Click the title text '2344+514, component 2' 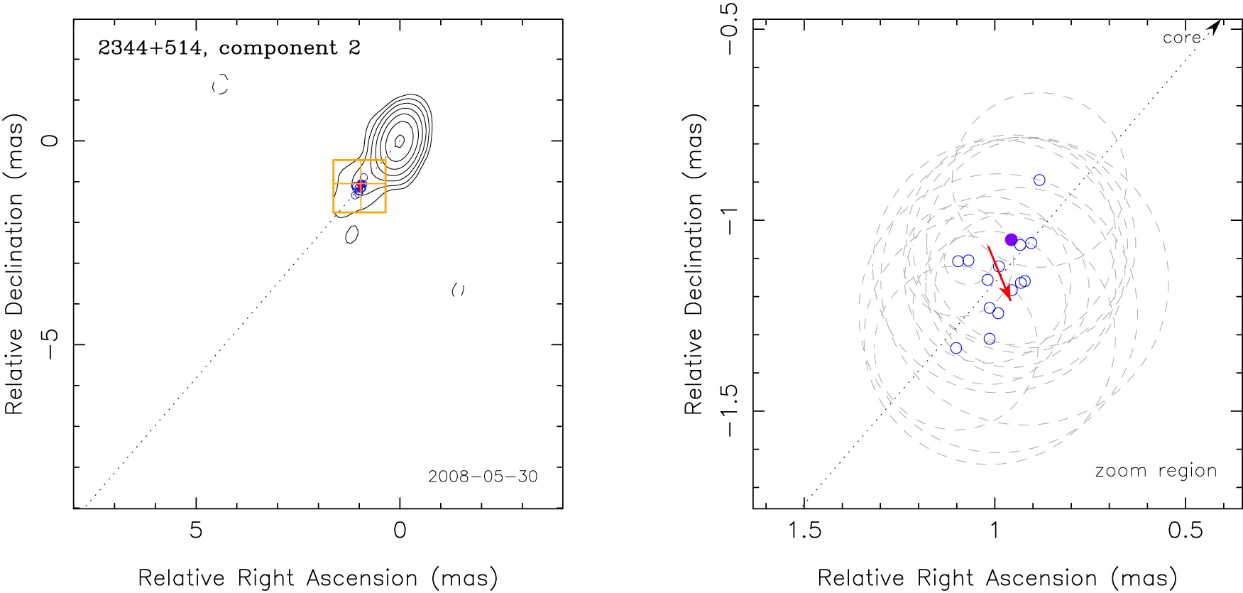tap(229, 48)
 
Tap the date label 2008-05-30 tap(483, 477)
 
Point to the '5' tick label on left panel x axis tap(196, 531)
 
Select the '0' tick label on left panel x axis tap(400, 531)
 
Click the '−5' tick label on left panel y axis tap(49, 344)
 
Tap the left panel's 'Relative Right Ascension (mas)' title tap(317, 578)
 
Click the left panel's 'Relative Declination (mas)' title tap(15, 263)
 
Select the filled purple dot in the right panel tap(1011, 239)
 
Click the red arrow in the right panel tap(999, 273)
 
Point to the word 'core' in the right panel tap(1181, 38)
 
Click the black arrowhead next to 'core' tap(1215, 27)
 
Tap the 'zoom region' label tap(1156, 471)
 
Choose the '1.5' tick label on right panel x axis tap(805, 531)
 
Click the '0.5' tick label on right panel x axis tap(1185, 531)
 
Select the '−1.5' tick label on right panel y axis tap(729, 410)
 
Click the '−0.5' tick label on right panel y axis tap(729, 28)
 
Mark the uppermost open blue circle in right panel tap(1039, 180)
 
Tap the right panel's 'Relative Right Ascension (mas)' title tap(997, 578)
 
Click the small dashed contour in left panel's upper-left tap(221, 84)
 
